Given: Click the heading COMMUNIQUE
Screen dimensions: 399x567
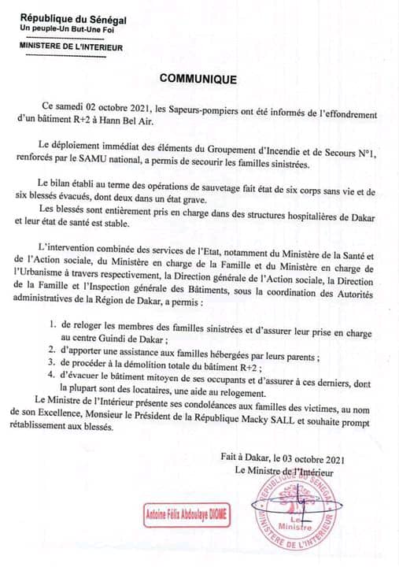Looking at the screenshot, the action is (198, 79).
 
